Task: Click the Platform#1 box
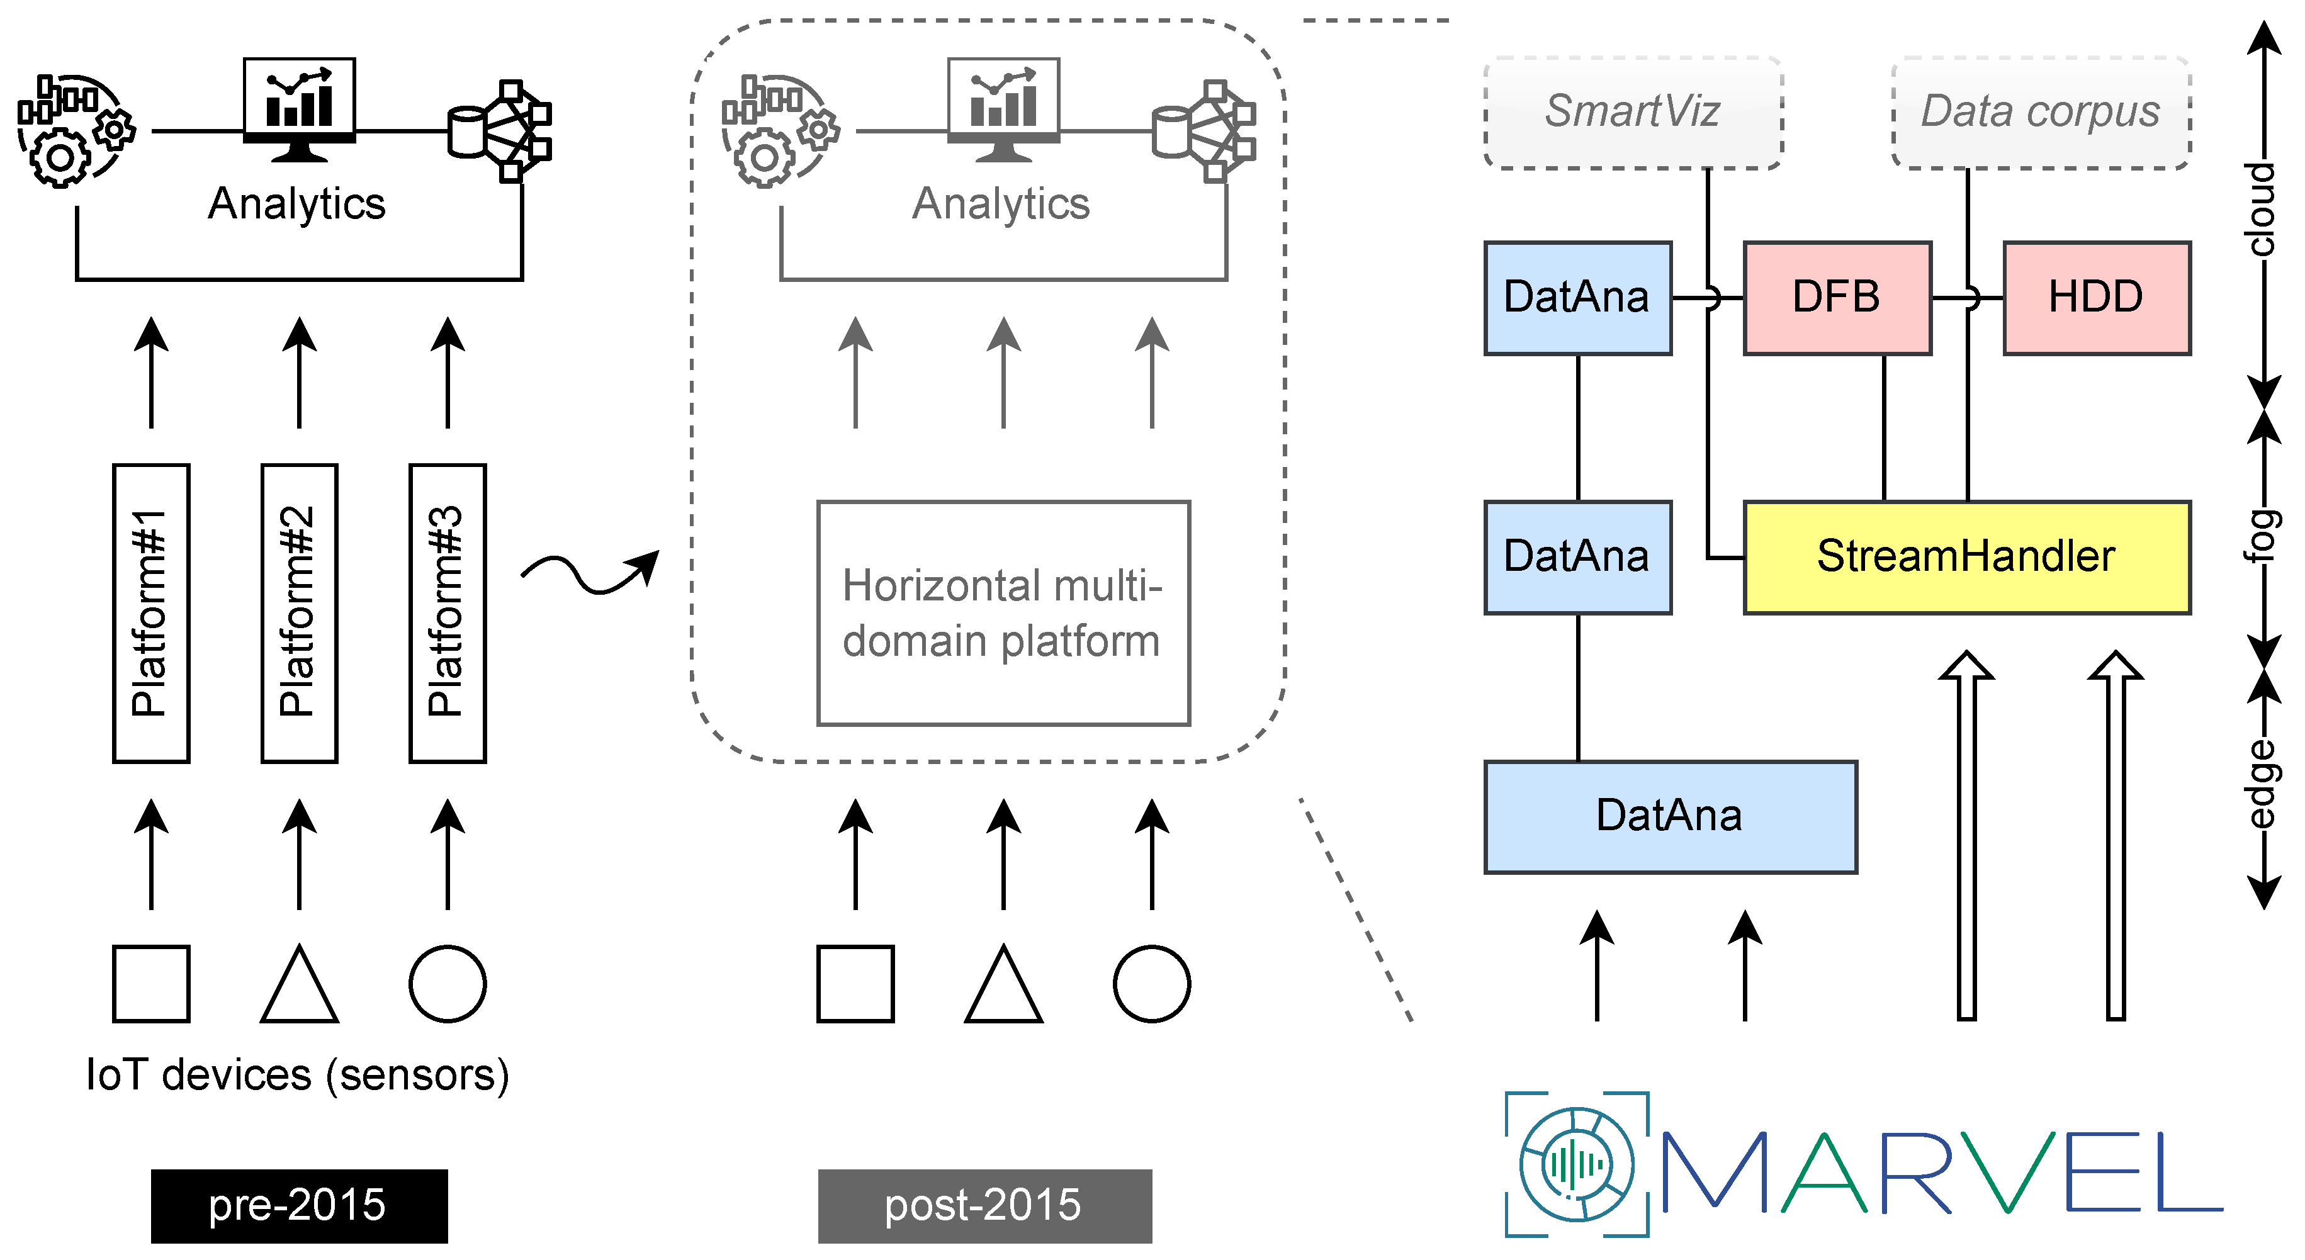point(150,613)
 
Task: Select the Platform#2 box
point(299,613)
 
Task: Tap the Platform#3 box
point(448,613)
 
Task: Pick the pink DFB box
point(1837,297)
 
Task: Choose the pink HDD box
point(2095,297)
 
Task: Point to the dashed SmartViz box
point(1632,113)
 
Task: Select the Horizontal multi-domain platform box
point(1003,613)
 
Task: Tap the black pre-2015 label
point(299,1205)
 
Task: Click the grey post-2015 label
point(984,1205)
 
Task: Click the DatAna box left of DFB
point(1577,297)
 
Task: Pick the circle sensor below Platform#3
point(448,984)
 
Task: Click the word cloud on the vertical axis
point(2261,208)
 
